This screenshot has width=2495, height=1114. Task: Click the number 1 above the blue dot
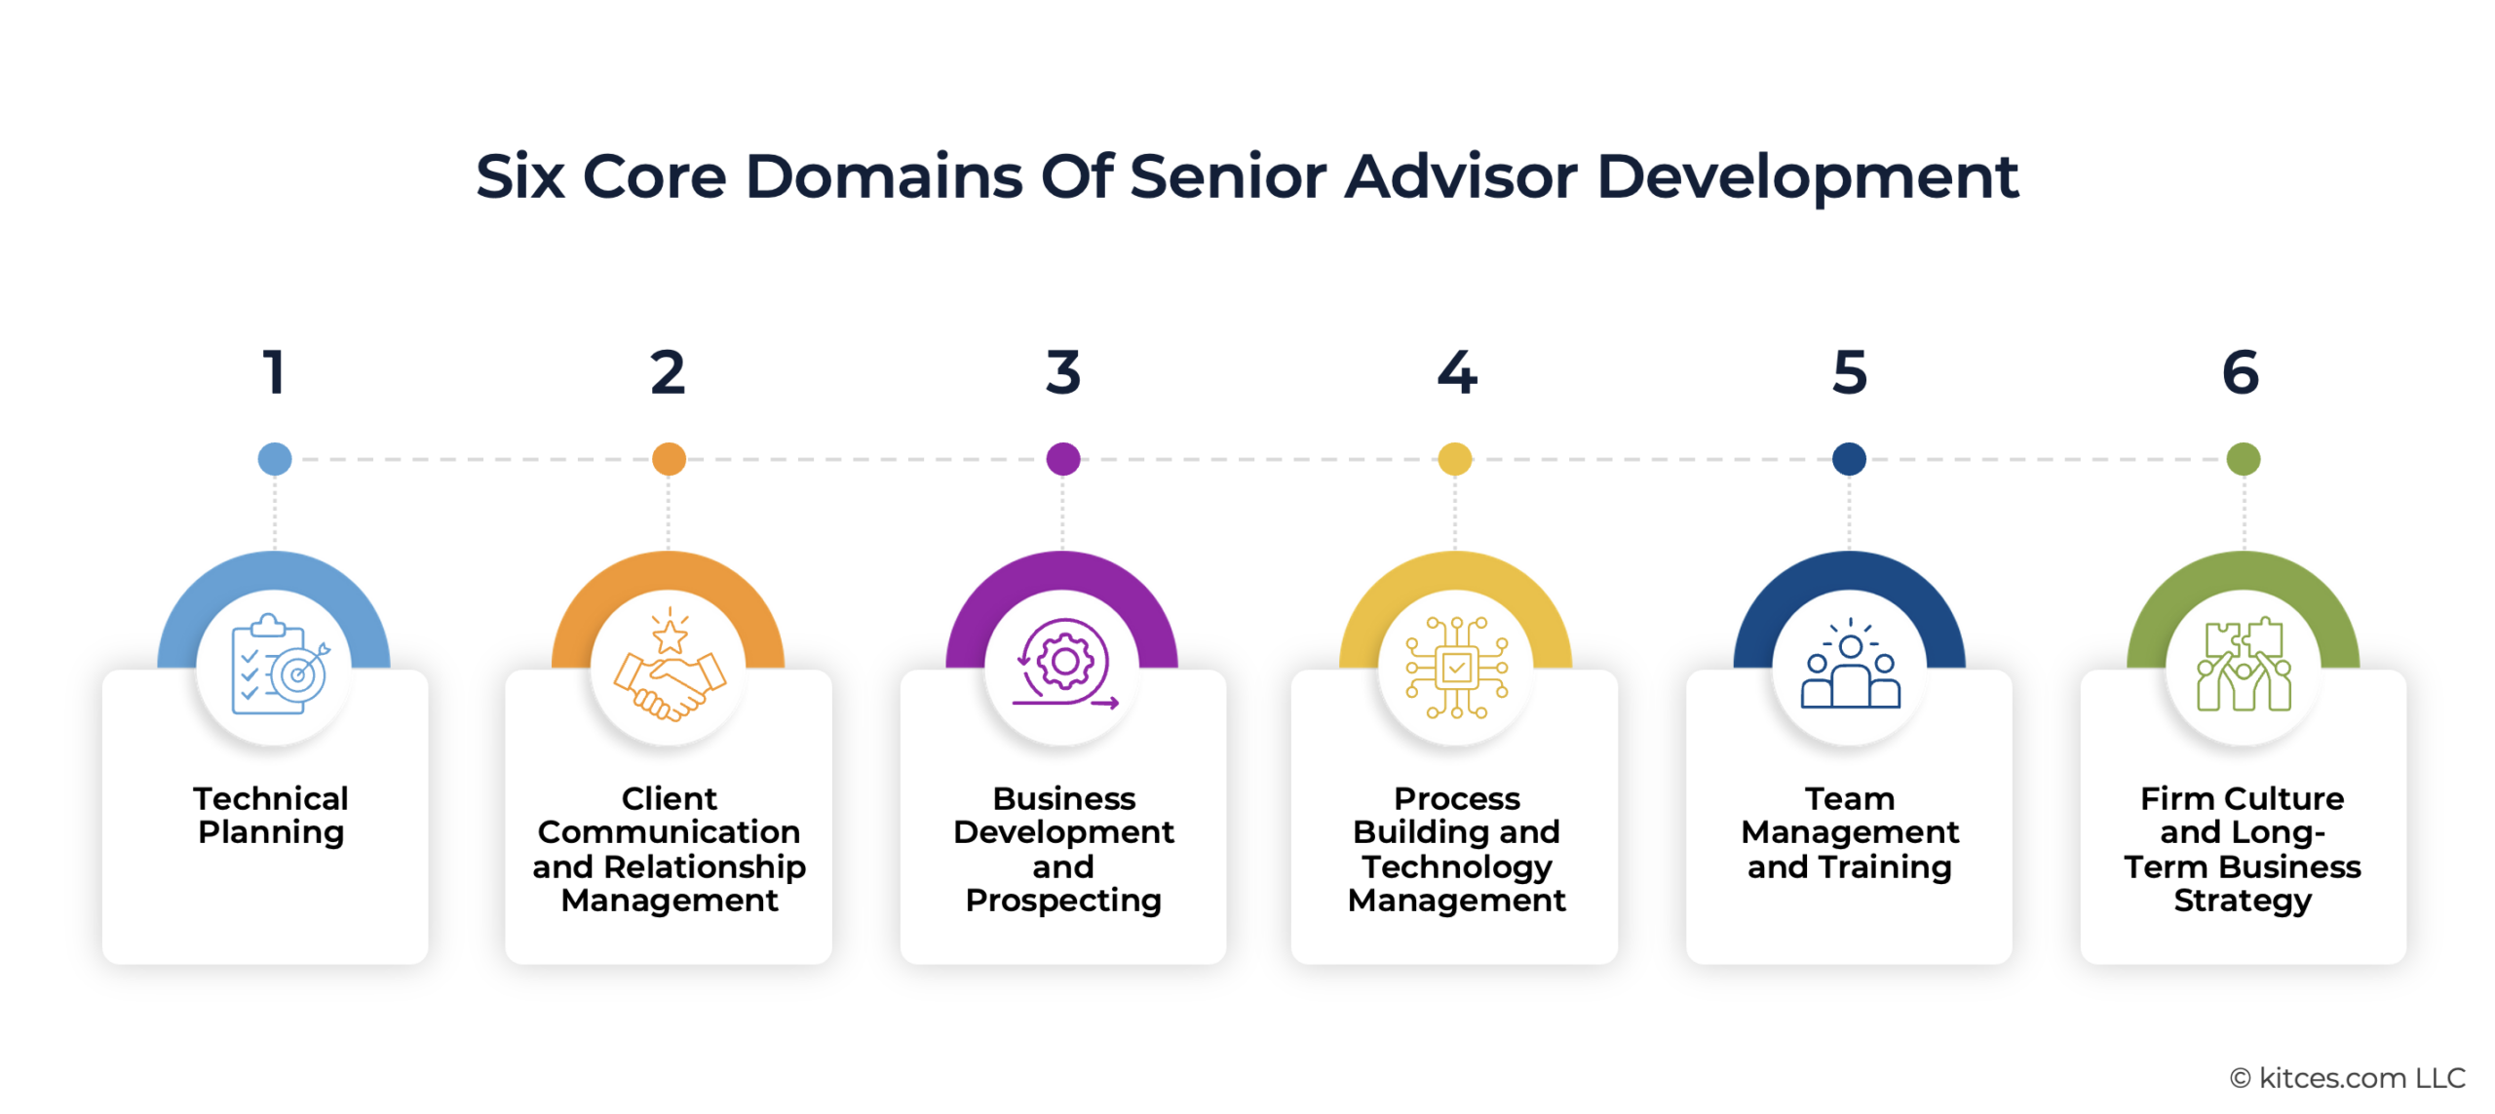pyautogui.click(x=274, y=372)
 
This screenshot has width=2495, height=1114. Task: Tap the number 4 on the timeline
pyautogui.click(x=1456, y=372)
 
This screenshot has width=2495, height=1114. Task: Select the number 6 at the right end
pyautogui.click(x=2241, y=372)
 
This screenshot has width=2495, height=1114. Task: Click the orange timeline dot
pyautogui.click(x=669, y=458)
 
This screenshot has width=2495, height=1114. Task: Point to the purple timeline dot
pyautogui.click(x=1062, y=458)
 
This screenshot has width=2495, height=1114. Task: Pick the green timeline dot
pyautogui.click(x=2243, y=458)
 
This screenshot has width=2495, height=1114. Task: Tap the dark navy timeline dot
pyautogui.click(x=1849, y=458)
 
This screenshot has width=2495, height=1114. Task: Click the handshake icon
pyautogui.click(x=670, y=668)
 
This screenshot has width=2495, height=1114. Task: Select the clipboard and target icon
pyautogui.click(x=276, y=668)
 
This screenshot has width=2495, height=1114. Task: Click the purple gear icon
pyautogui.click(x=1063, y=663)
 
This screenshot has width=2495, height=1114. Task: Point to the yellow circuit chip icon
pyautogui.click(x=1456, y=668)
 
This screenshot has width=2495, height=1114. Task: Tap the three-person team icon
pyautogui.click(x=1850, y=668)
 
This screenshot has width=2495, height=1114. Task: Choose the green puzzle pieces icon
pyautogui.click(x=2243, y=668)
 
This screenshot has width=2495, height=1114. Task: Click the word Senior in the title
pyautogui.click(x=1228, y=177)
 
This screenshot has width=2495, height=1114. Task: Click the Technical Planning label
pyautogui.click(x=271, y=815)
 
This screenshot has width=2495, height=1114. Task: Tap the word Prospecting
pyautogui.click(x=1063, y=901)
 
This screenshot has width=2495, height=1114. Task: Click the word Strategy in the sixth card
pyautogui.click(x=2242, y=901)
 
